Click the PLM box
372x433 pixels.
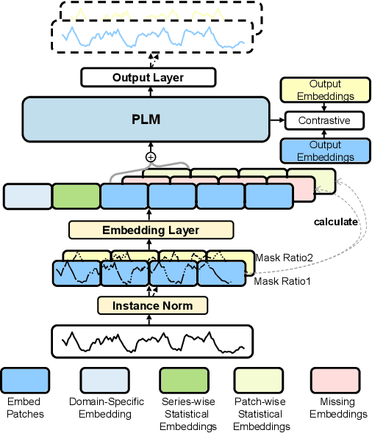pos(147,120)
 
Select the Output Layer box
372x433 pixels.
pos(147,77)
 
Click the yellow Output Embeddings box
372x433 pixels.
pos(324,90)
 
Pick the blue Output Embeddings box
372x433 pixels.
pos(324,150)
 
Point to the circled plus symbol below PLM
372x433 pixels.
pos(151,156)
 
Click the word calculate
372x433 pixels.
pos(336,221)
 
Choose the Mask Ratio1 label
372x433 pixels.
pos(282,281)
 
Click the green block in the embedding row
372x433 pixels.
pos(76,197)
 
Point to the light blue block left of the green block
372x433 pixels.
pos(27,197)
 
